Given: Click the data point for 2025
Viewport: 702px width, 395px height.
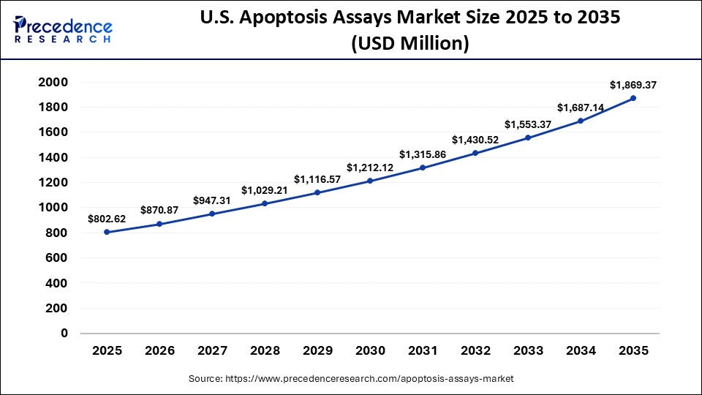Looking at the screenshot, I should [107, 232].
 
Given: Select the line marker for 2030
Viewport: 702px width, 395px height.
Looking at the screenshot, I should [370, 181].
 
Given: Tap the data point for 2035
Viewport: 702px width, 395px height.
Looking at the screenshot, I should [633, 98].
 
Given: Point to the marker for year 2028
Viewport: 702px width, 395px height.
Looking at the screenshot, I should [265, 203].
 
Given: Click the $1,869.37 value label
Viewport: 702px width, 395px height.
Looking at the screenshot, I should [633, 85].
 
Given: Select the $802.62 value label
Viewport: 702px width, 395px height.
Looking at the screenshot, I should [107, 219].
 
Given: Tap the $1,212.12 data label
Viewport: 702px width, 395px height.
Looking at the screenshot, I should [370, 168].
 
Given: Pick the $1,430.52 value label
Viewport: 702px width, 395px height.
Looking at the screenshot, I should [475, 140].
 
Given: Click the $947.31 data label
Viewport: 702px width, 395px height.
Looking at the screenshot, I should [212, 200].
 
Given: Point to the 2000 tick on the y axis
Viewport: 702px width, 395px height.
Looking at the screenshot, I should [53, 82].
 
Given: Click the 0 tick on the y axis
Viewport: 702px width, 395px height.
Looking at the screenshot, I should [64, 333].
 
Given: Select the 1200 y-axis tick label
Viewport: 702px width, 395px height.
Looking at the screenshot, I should [53, 182].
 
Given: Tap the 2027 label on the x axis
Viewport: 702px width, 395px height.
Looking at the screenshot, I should [212, 351].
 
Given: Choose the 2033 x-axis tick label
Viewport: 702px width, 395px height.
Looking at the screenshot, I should [528, 351].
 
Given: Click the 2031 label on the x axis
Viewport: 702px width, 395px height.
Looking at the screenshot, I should [423, 351].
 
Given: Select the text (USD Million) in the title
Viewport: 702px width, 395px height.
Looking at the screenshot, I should [409, 44].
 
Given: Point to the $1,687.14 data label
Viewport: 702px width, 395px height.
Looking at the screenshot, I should [580, 108].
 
